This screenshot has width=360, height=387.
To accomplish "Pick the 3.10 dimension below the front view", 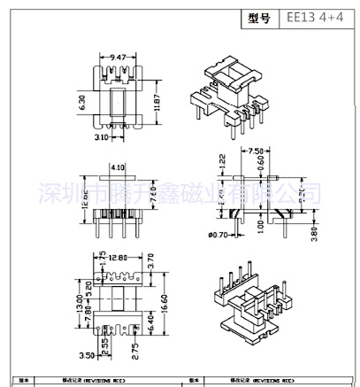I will coord(99,138).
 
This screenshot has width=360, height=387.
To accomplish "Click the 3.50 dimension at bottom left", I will coord(86,355).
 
